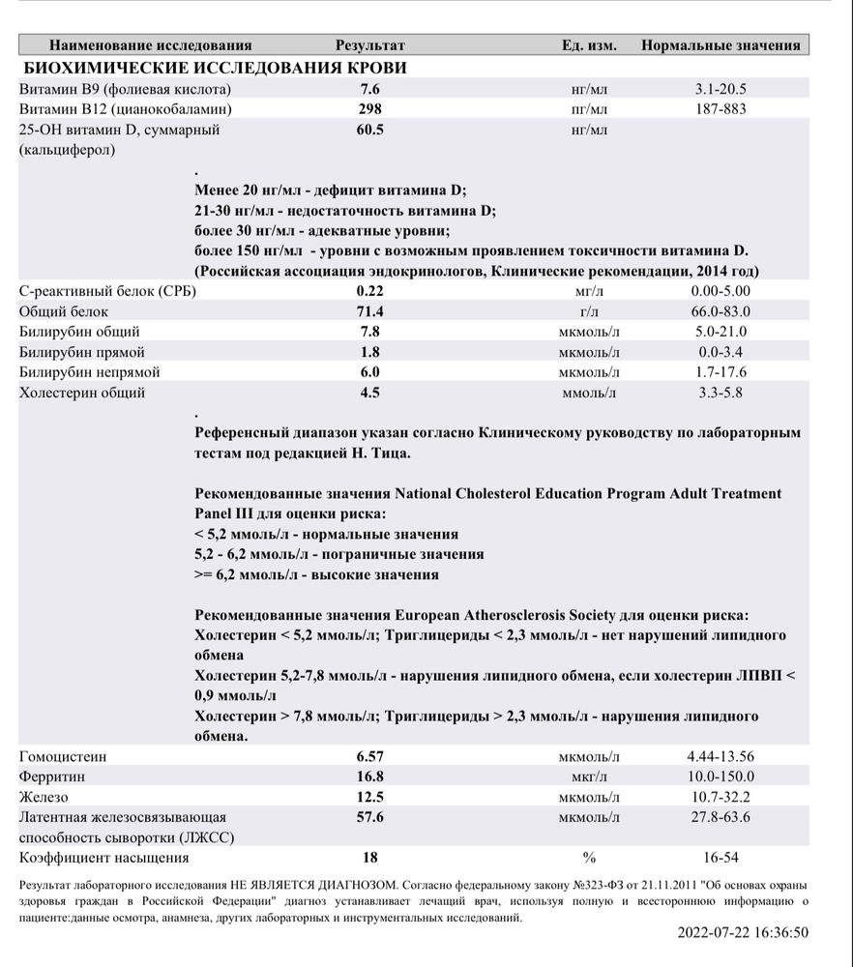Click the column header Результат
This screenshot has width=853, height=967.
(369, 45)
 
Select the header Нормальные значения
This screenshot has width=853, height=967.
(721, 45)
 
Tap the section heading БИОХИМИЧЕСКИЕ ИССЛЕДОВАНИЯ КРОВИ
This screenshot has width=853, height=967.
(214, 68)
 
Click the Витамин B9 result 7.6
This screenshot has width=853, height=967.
(369, 89)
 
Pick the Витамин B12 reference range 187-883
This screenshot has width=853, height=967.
(721, 109)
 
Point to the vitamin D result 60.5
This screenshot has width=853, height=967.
(369, 130)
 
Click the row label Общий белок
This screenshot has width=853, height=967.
(64, 311)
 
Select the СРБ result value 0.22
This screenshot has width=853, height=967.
(369, 290)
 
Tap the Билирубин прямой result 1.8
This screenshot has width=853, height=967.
(369, 352)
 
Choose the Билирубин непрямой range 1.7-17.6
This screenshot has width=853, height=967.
(721, 372)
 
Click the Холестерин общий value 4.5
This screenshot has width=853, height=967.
(369, 393)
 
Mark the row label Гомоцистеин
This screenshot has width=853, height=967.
(63, 756)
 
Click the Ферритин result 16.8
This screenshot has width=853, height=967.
(369, 777)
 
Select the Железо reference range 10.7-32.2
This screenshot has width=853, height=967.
(721, 797)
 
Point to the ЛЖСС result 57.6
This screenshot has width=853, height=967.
(369, 817)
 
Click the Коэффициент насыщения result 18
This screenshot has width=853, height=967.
(369, 858)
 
